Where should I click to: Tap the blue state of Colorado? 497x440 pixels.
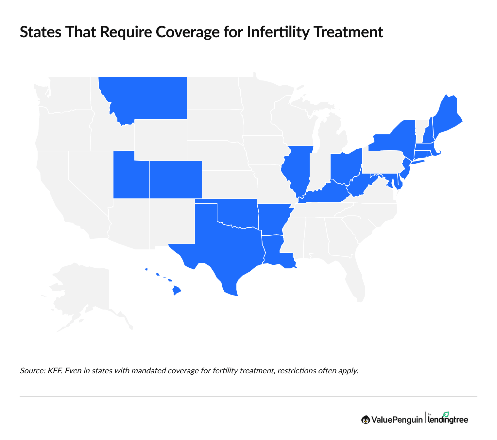coord(176,180)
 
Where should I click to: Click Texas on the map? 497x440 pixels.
coord(226,248)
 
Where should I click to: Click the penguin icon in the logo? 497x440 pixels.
coord(366,419)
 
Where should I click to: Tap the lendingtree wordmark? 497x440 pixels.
coord(448,419)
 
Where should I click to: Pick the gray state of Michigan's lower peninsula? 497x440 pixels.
coord(330,137)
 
